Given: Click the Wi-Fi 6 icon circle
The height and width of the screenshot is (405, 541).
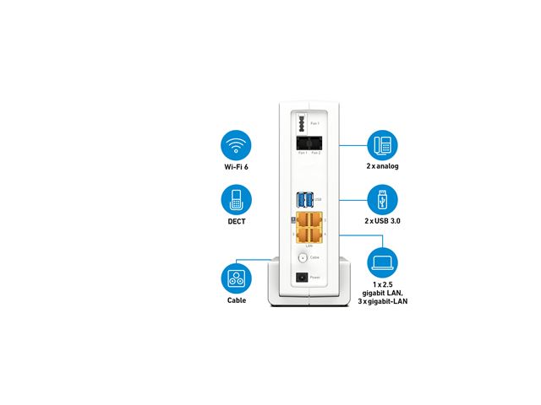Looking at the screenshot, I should tap(238, 145).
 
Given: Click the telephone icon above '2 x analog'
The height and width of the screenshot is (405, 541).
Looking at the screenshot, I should tap(383, 145).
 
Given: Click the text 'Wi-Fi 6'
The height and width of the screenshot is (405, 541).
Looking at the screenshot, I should tap(238, 167).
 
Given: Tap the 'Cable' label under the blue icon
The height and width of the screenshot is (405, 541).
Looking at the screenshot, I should tap(238, 300).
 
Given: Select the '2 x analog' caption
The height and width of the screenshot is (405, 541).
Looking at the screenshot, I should tap(383, 167).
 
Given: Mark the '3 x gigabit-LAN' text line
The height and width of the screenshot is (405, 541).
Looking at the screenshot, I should tap(383, 301).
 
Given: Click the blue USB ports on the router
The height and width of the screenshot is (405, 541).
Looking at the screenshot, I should tap(304, 200).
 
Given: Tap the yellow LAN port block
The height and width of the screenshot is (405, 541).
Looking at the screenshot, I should tap(305, 229).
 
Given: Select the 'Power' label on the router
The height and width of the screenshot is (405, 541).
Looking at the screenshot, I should tap(315, 277).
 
